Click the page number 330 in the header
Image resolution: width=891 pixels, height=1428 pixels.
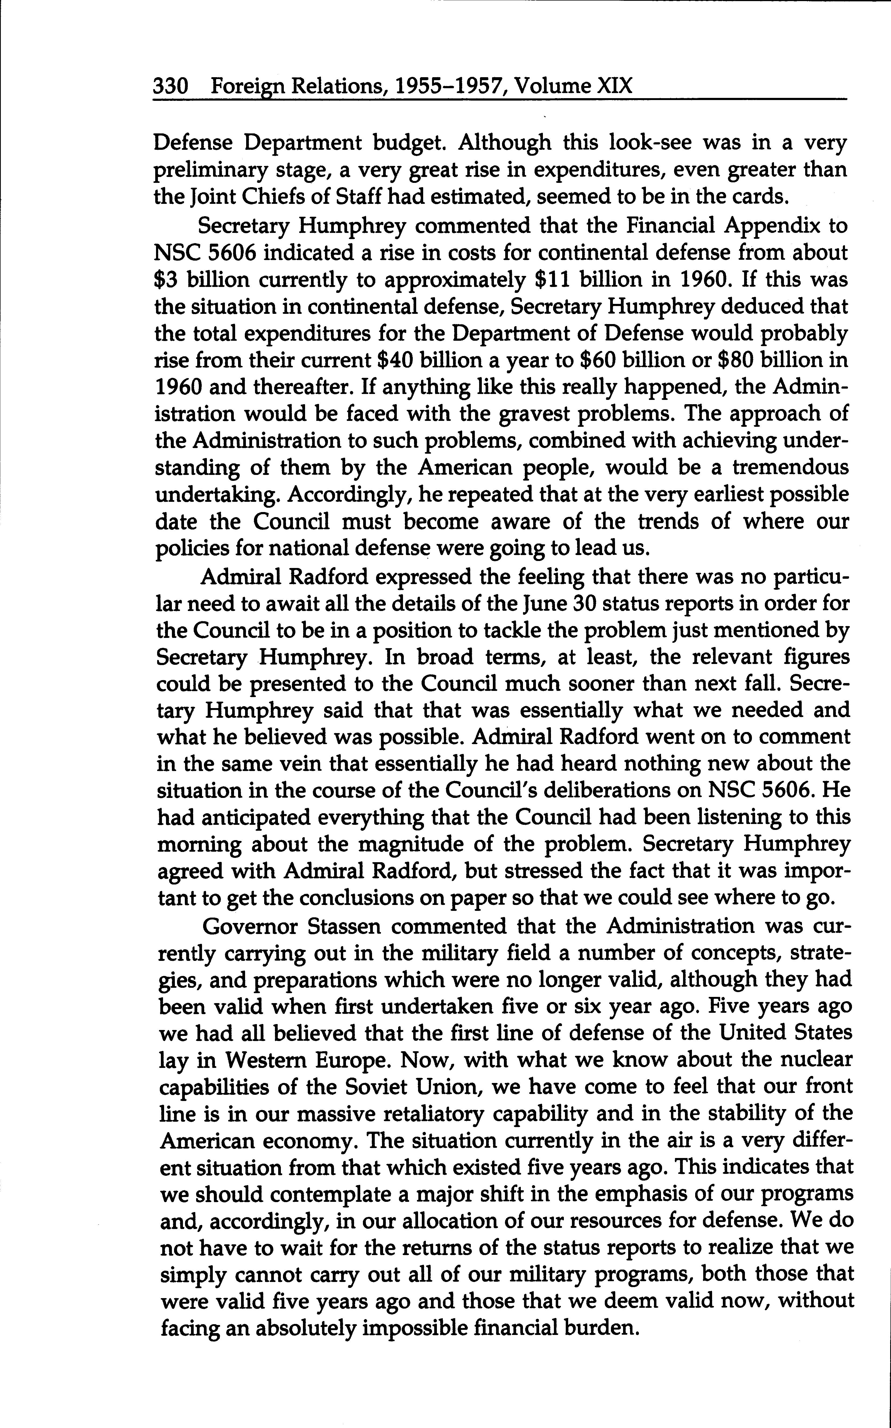[170, 87]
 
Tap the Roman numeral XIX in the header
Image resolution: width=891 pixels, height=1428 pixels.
[615, 87]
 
